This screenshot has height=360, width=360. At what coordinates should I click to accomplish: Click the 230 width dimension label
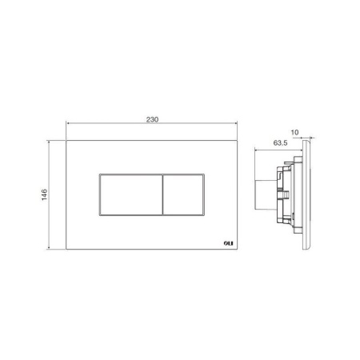click(152, 119)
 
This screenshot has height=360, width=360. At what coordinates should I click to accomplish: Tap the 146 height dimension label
click(44, 194)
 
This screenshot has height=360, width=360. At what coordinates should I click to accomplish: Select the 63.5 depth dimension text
click(280, 143)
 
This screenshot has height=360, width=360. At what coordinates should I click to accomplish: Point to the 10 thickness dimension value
click(294, 132)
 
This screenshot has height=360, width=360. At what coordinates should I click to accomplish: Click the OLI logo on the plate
click(228, 243)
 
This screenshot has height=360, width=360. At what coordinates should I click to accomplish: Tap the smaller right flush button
click(183, 194)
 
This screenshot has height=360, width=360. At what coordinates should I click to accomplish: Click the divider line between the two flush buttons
click(162, 194)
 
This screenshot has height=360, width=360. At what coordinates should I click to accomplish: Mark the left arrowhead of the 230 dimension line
click(68, 123)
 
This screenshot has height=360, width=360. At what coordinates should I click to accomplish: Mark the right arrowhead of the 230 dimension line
click(235, 123)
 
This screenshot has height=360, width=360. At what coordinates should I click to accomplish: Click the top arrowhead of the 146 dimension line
click(49, 142)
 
